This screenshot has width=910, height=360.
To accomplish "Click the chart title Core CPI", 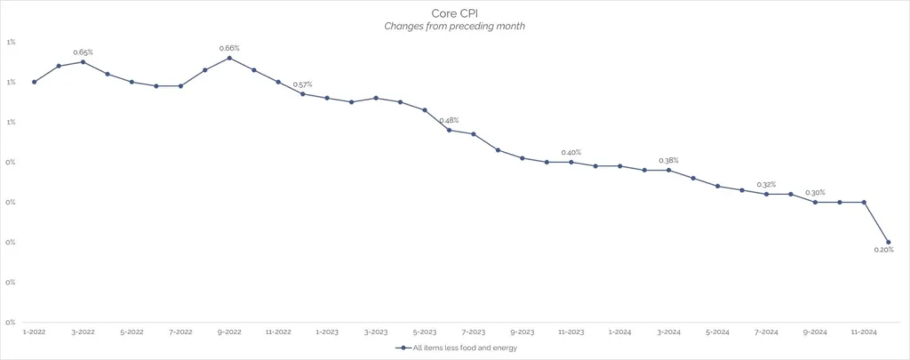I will [454, 14].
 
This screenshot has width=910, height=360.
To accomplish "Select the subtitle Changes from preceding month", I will [454, 27].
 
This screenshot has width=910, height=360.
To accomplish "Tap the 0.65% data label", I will [83, 52].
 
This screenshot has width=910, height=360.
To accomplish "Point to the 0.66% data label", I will [229, 48].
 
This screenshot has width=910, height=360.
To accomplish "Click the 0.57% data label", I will [302, 84].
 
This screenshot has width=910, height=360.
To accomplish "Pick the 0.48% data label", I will [449, 120].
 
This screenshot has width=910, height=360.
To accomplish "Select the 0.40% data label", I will [571, 152].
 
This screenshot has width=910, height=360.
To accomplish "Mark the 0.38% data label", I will [668, 160].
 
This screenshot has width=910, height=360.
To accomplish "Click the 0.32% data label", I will [766, 184].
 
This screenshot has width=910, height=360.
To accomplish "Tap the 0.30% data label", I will [815, 192].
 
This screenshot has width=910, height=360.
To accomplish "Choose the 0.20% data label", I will [883, 250].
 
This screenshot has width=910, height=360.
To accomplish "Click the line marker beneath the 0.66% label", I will [229, 58].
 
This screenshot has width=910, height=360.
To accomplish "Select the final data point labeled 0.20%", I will [888, 242].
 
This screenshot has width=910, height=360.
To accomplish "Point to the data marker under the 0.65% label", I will [83, 61].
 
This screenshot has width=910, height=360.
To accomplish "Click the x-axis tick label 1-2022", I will [34, 332].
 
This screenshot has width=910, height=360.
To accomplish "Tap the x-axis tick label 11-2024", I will [864, 332].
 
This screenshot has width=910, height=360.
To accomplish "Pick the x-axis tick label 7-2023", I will [473, 332].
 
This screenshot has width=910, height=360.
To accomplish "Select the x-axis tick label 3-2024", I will [668, 332].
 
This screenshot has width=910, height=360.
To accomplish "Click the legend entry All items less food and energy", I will [459, 348].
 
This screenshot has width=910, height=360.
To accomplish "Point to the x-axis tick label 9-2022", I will [229, 332].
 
